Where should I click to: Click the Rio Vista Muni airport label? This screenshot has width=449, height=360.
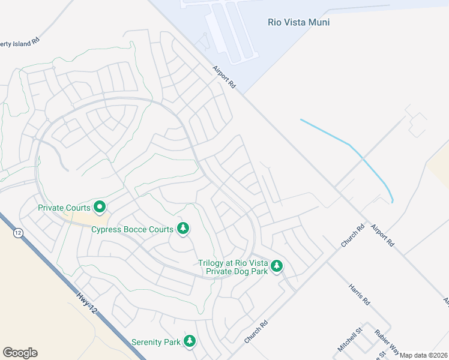tap(298, 22)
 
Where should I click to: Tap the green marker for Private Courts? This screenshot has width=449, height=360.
tap(100, 208)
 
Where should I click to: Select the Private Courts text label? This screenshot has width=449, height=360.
tap(64, 208)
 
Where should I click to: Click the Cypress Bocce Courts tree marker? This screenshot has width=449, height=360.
tap(183, 229)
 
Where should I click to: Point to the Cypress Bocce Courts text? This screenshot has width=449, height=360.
tap(132, 229)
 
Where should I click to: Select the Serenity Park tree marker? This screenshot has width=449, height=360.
tap(190, 341)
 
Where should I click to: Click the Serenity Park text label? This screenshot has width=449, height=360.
tap(156, 343)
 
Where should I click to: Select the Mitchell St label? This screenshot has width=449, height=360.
tap(350, 339)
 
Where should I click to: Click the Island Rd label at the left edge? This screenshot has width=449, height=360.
tap(19, 41)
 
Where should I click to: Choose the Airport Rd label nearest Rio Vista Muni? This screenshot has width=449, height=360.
tap(224, 78)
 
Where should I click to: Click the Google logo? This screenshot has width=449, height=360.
tap(20, 353)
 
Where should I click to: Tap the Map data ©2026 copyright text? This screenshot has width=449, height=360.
tap(424, 355)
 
